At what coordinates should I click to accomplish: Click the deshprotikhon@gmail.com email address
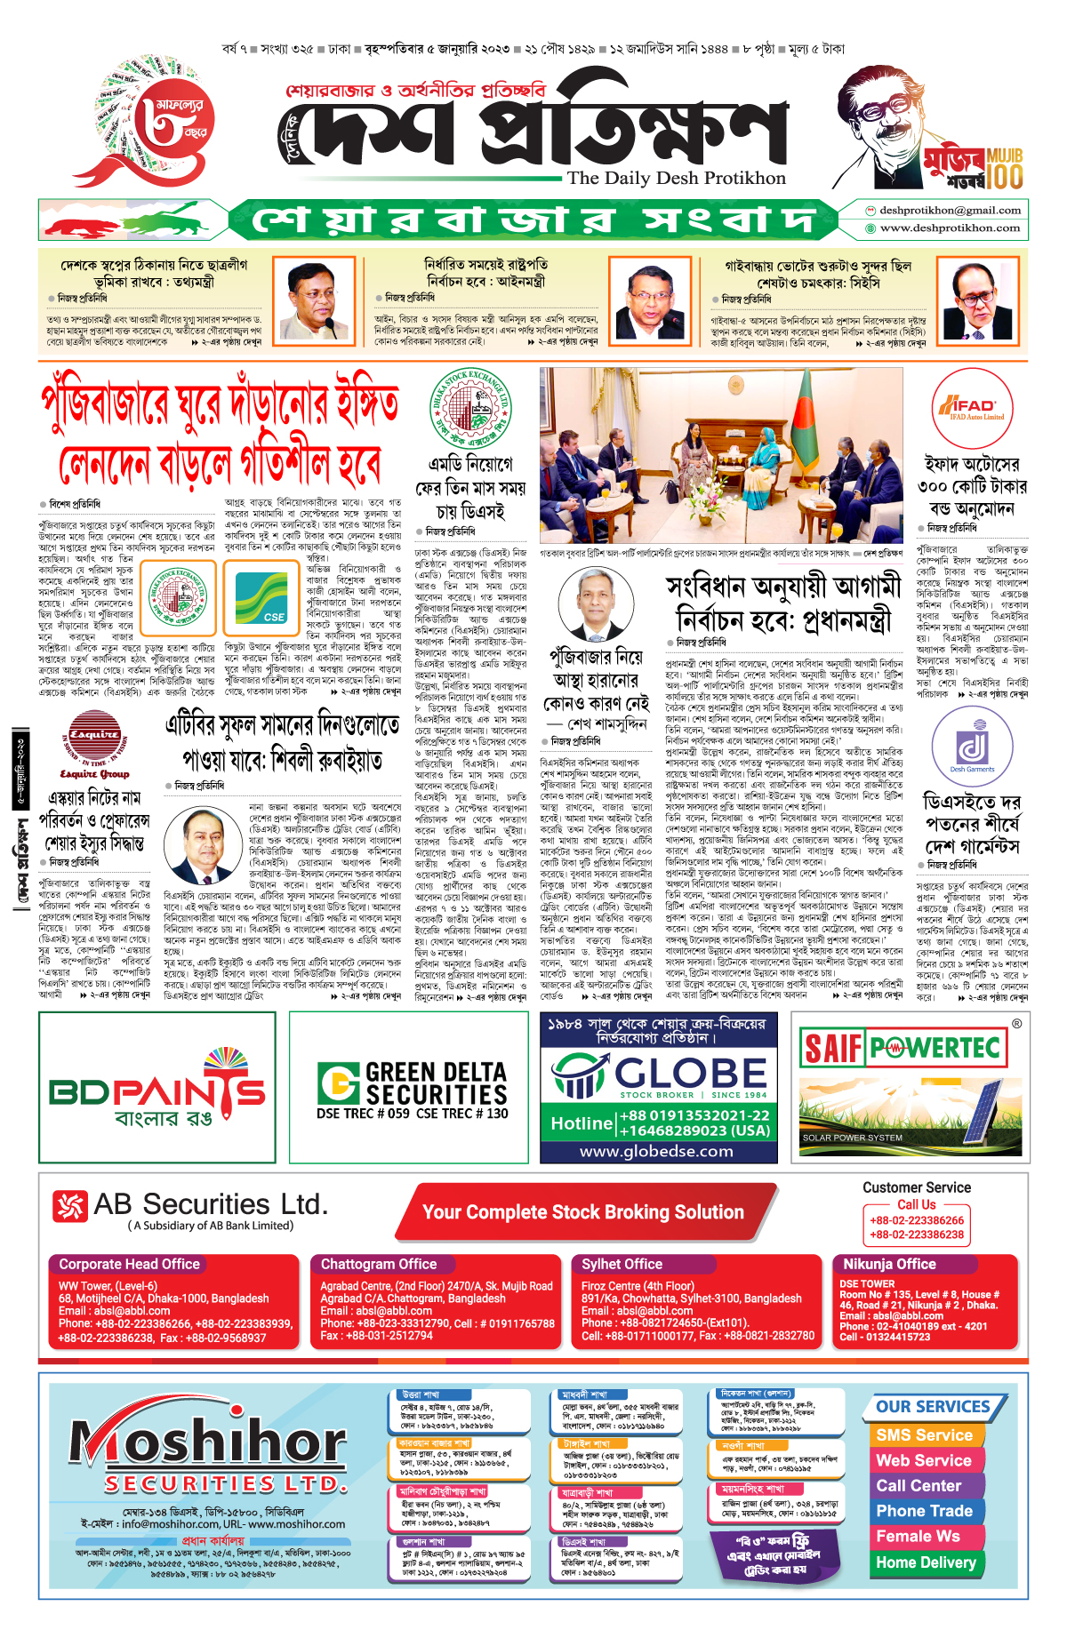[x=950, y=211]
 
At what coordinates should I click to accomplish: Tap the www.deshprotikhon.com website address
[x=950, y=228]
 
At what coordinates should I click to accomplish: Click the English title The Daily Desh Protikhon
[x=677, y=178]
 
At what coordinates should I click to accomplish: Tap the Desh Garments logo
[x=972, y=747]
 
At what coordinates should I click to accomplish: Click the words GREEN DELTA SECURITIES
[x=436, y=1083]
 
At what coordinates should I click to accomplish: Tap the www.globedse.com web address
[x=656, y=1152]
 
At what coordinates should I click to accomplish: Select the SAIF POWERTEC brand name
[x=902, y=1049]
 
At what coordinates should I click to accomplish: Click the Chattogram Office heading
[x=379, y=1264]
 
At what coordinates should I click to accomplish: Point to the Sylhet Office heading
[x=622, y=1264]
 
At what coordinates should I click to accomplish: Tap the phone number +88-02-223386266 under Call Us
[x=917, y=1220]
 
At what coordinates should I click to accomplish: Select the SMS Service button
[x=924, y=1434]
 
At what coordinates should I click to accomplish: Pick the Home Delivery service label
[x=925, y=1562]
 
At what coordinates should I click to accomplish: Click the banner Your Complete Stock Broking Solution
[x=582, y=1212]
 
